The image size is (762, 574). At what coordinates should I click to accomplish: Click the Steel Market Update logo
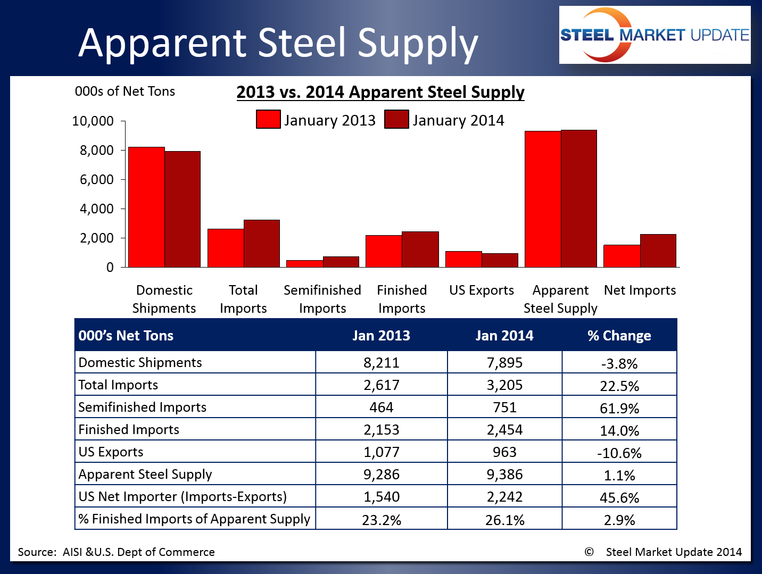pyautogui.click(x=655, y=35)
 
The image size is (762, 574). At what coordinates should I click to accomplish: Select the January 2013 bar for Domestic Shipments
pyautogui.click(x=146, y=207)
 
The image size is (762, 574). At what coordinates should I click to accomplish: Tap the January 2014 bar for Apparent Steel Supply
pyautogui.click(x=579, y=198)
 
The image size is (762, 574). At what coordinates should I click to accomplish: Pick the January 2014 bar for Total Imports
pyautogui.click(x=262, y=243)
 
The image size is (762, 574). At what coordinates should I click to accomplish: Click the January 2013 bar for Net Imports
pyautogui.click(x=622, y=256)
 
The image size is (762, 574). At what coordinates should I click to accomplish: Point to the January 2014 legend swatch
pyautogui.click(x=396, y=119)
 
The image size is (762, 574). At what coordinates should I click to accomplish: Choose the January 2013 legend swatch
pyautogui.click(x=268, y=119)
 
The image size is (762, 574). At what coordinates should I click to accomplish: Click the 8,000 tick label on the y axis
pyautogui.click(x=97, y=151)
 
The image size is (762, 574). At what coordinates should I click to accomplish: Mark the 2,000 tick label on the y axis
pyautogui.click(x=97, y=238)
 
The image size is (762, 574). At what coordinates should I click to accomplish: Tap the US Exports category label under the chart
pyautogui.click(x=482, y=290)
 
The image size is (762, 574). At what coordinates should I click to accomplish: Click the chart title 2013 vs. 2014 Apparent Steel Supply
pyautogui.click(x=380, y=92)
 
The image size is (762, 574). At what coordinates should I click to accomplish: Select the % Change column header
pyautogui.click(x=619, y=336)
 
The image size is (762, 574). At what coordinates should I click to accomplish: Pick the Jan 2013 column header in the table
pyautogui.click(x=381, y=336)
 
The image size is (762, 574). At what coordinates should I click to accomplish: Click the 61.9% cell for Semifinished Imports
pyautogui.click(x=619, y=408)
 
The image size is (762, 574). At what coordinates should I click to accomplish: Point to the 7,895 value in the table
pyautogui.click(x=504, y=363)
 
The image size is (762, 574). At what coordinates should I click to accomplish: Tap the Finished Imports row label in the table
pyautogui.click(x=129, y=429)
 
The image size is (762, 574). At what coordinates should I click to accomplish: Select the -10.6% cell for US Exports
pyautogui.click(x=619, y=453)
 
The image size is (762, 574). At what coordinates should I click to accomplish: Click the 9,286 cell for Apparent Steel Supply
pyautogui.click(x=381, y=474)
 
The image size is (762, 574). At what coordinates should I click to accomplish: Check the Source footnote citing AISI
pyautogui.click(x=117, y=552)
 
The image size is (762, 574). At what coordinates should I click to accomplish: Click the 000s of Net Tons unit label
pyautogui.click(x=125, y=91)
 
